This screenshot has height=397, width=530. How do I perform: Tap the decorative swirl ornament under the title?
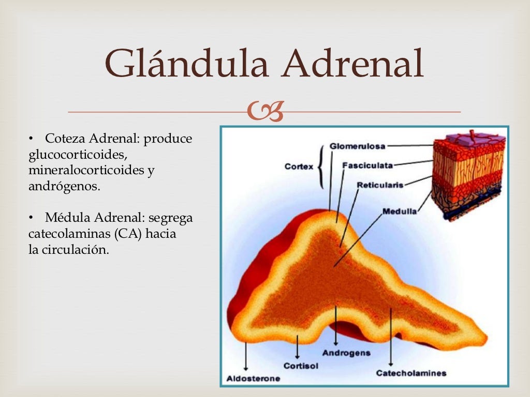tap(265, 112)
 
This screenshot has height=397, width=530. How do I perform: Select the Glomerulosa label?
tap(357, 146)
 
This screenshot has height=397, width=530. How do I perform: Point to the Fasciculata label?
tap(367, 165)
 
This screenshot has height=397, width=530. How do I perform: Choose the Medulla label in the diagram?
tap(400, 211)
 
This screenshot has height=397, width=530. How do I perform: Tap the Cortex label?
tap(299, 166)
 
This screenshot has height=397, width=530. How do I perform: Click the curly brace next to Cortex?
tap(322, 166)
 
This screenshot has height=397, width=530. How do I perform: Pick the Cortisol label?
tap(301, 366)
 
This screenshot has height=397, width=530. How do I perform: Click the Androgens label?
tap(346, 353)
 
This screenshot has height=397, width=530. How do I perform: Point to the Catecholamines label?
tap(411, 373)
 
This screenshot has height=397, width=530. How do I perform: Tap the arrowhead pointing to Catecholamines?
tap(391, 364)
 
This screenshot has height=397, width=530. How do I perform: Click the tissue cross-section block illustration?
tap(468, 173)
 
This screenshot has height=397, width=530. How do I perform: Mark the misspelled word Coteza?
tap(65, 139)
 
